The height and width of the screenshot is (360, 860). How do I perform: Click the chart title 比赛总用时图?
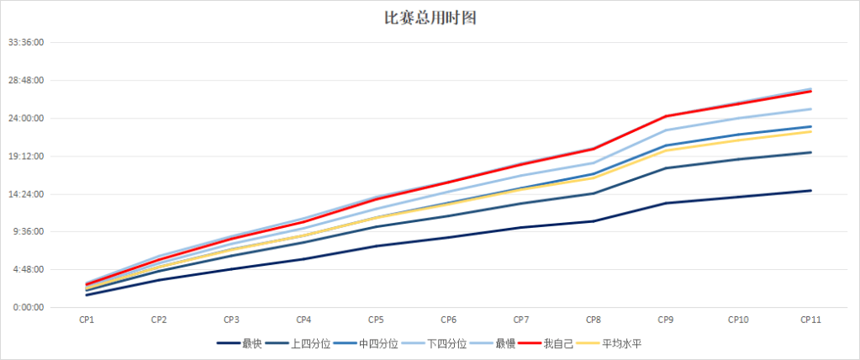coord(430,18)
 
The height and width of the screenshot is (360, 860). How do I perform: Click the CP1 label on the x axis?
coord(87,320)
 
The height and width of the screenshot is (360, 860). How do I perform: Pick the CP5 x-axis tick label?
coord(376,320)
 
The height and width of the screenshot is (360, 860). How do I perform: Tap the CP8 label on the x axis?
coord(593,320)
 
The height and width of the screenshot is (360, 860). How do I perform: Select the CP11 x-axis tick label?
coord(810,320)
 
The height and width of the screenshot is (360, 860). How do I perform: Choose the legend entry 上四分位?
coord(310,343)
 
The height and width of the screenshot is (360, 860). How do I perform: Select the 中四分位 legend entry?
coord(378,343)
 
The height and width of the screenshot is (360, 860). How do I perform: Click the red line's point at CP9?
coord(666,116)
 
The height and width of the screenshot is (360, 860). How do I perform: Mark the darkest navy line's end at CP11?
coord(810,191)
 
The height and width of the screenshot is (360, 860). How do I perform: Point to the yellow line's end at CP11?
coord(810,131)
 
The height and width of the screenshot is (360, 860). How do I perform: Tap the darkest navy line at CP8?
coord(594,221)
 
